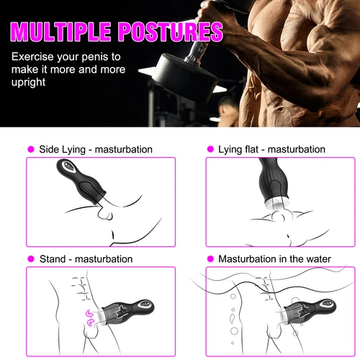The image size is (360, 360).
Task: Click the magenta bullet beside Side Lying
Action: pos(31,149)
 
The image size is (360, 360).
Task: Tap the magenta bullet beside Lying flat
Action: pos(211,149)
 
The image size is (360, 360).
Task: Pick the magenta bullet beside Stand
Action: pos(31,258)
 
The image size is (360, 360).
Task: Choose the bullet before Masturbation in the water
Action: pos(211,258)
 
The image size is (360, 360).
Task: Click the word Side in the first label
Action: pos(50,149)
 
